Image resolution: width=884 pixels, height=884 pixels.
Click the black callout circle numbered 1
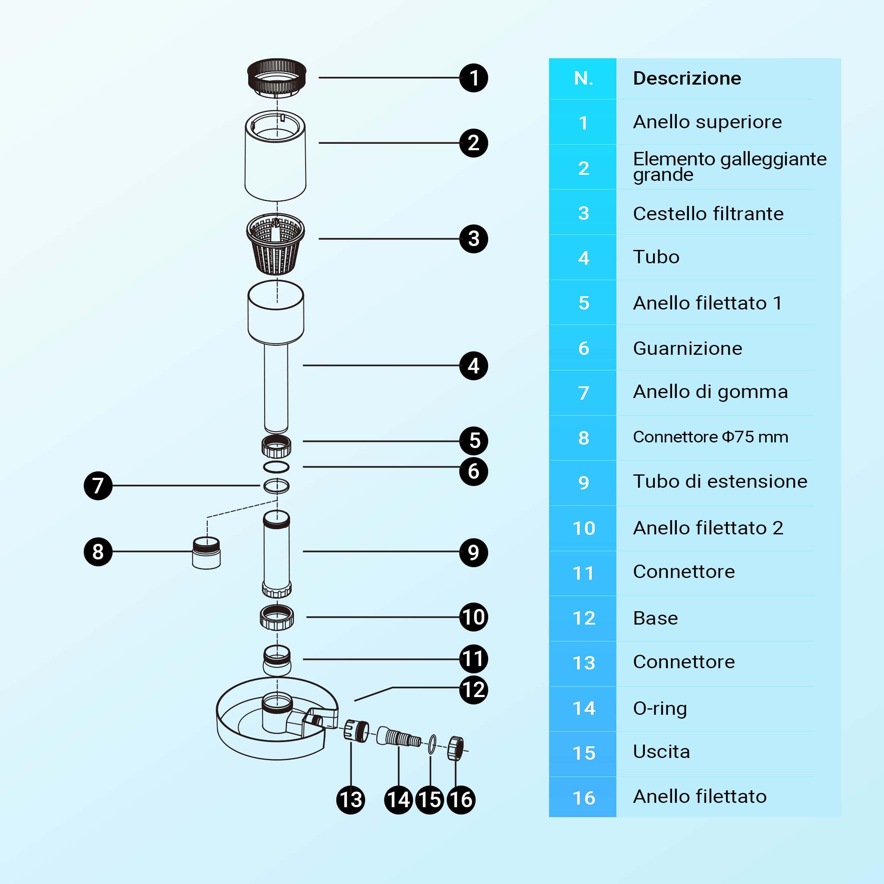click(x=474, y=78)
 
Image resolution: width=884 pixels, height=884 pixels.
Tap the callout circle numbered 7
click(x=98, y=486)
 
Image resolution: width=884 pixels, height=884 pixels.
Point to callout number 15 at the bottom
click(x=429, y=800)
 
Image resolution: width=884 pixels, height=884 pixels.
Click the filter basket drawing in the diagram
click(x=275, y=244)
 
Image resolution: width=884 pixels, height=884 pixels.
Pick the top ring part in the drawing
click(x=276, y=78)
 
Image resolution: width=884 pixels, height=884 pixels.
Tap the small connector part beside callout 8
click(x=206, y=553)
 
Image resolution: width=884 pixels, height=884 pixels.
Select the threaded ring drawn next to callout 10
click(x=277, y=617)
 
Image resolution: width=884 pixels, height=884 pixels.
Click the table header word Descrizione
click(x=687, y=78)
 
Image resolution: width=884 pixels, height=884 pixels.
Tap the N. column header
click(x=584, y=79)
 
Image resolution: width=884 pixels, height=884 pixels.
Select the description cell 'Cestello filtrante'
click(x=708, y=214)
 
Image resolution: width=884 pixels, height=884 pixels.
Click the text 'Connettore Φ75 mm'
click(x=710, y=437)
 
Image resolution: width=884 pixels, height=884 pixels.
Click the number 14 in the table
click(x=584, y=708)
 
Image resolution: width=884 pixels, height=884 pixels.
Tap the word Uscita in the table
click(x=661, y=752)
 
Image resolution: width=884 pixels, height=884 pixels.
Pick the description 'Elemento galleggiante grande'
click(x=730, y=167)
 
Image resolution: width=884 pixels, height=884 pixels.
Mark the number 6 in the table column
click(x=584, y=348)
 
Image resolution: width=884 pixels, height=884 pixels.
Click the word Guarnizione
click(x=687, y=349)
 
